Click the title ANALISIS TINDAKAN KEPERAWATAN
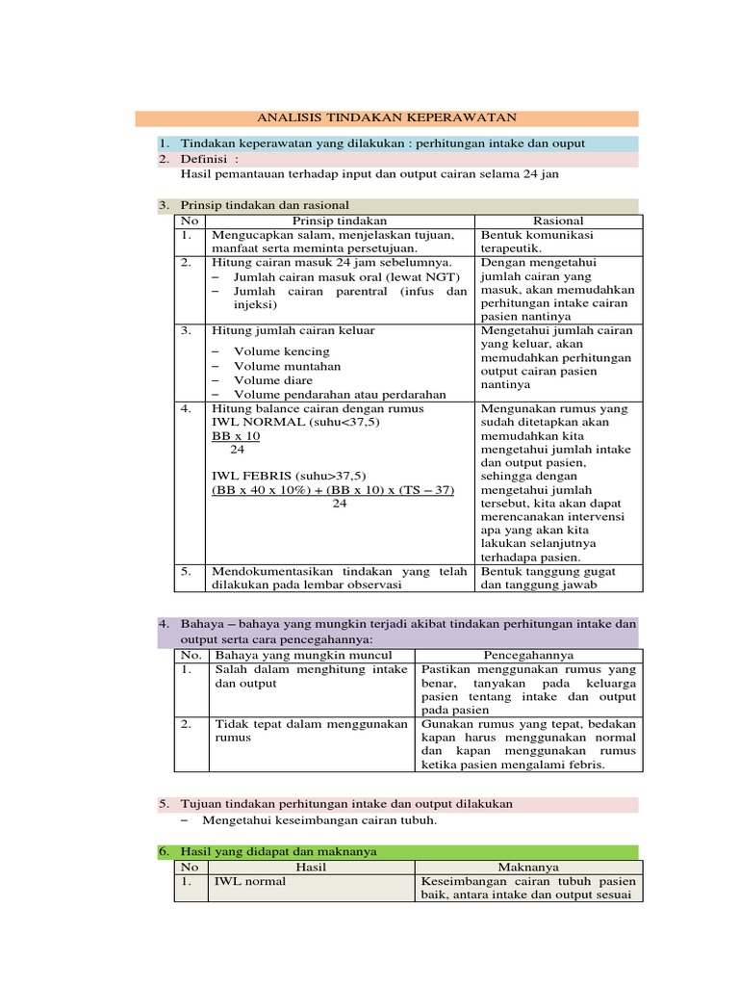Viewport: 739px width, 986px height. point(387,117)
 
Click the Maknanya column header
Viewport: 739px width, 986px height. point(526,867)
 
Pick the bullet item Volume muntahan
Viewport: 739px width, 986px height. point(287,366)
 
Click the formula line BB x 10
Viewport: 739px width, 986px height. point(236,436)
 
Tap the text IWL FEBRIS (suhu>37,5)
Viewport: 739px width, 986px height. point(289,476)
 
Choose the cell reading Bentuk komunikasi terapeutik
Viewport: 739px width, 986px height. point(537,241)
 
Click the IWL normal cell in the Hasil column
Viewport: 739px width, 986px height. point(249,881)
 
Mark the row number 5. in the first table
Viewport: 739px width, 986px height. point(187,571)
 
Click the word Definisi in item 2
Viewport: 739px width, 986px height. point(206,159)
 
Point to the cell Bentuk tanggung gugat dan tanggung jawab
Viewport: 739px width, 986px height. point(548,578)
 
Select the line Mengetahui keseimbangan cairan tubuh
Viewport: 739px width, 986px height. point(319,820)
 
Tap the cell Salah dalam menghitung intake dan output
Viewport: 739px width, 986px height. point(311,676)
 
